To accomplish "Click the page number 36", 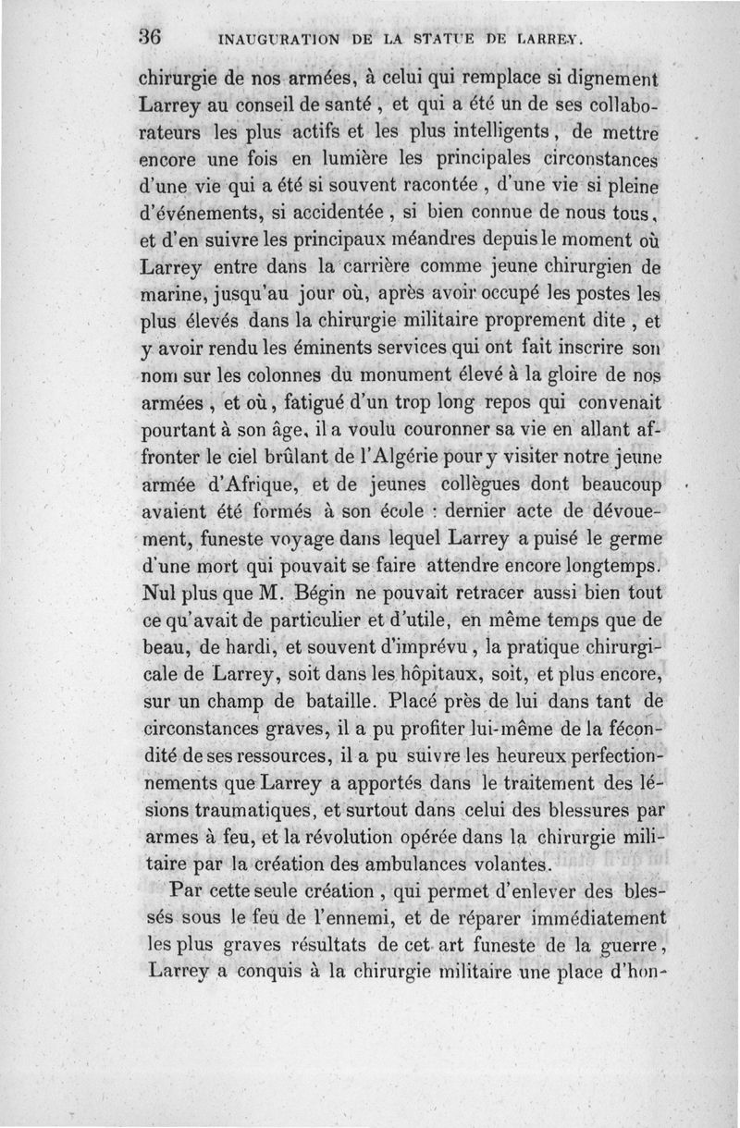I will tap(151, 38).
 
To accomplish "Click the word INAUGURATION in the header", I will tap(275, 40).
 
